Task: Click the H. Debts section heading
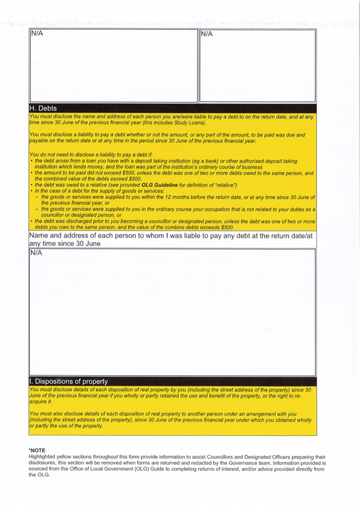(x=43, y=108)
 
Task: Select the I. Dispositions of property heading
(x=68, y=381)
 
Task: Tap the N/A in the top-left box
(x=37, y=33)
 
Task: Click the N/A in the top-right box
(x=206, y=34)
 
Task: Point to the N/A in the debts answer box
(x=36, y=252)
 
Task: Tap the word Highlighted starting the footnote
(x=42, y=457)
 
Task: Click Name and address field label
(x=171, y=239)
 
